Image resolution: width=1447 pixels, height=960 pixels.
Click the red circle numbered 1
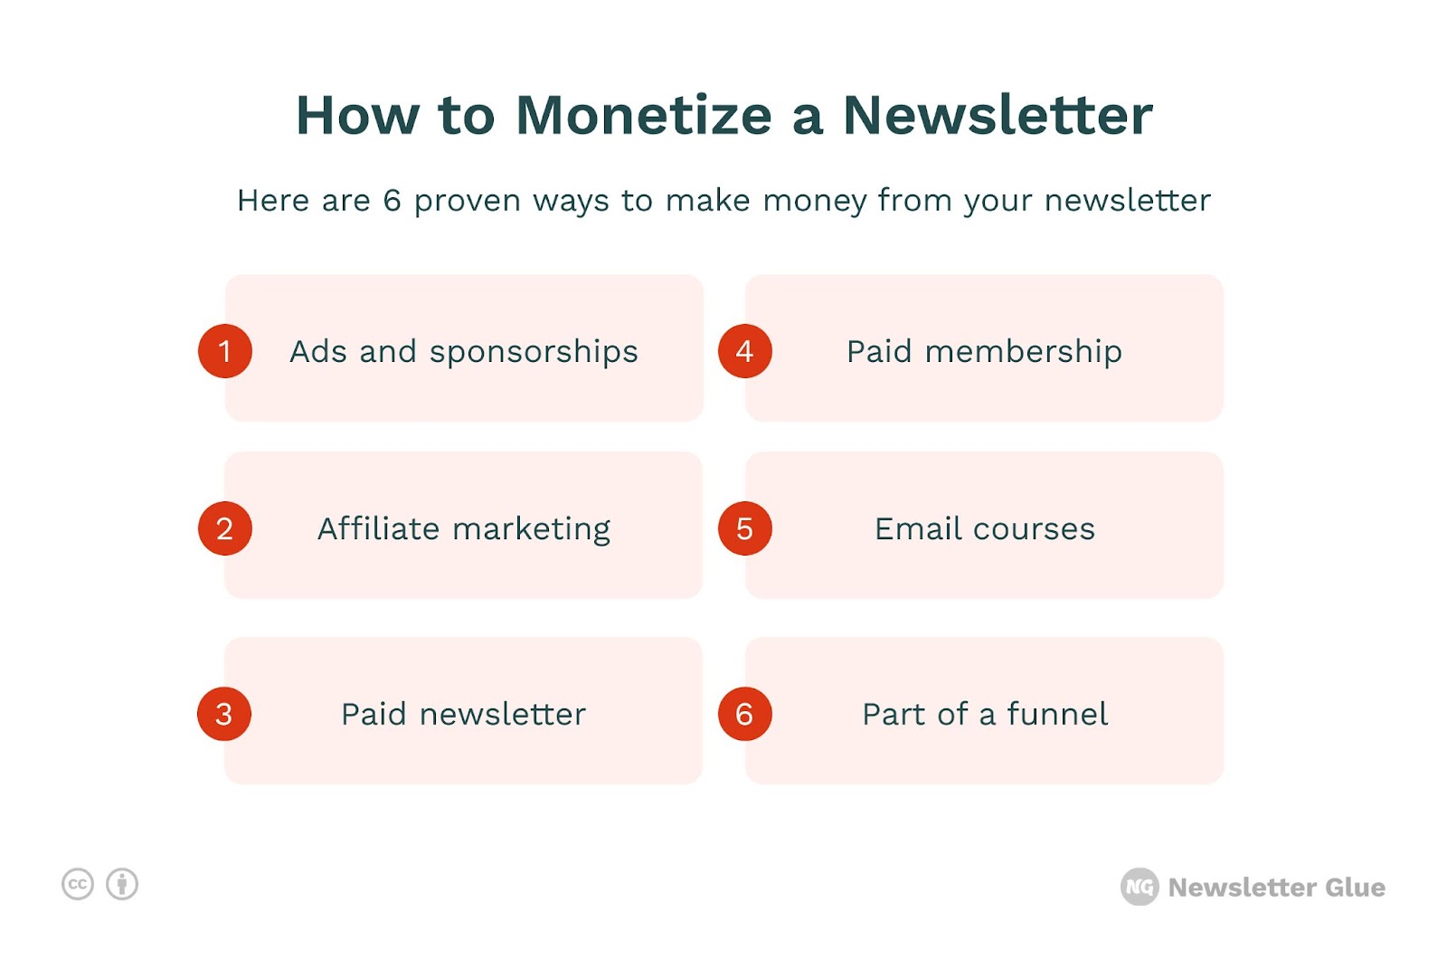point(225,351)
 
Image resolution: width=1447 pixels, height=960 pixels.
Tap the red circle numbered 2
point(225,528)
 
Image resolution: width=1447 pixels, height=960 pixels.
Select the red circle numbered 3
point(224,714)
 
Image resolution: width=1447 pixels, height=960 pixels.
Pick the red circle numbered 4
point(745,351)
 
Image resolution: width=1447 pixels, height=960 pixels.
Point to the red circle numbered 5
point(745,528)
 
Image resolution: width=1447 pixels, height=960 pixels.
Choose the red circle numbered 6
point(745,714)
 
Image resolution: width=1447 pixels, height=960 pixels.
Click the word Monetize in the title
point(644,115)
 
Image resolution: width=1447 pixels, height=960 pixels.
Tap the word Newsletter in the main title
point(998,115)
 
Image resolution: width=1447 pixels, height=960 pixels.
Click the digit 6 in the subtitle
point(392,200)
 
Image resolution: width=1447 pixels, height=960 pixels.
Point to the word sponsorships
point(534,353)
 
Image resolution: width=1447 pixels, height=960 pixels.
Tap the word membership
point(1023,352)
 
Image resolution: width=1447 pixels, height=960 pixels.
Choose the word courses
point(1034,529)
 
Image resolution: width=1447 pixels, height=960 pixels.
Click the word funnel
point(1057,714)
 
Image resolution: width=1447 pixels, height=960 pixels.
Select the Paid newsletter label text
point(463,714)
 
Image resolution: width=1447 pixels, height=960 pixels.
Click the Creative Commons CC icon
point(78,884)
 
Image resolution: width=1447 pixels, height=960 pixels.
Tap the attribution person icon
point(122,884)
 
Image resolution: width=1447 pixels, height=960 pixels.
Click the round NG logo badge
point(1140,887)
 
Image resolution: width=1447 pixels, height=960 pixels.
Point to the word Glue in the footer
point(1355,887)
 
